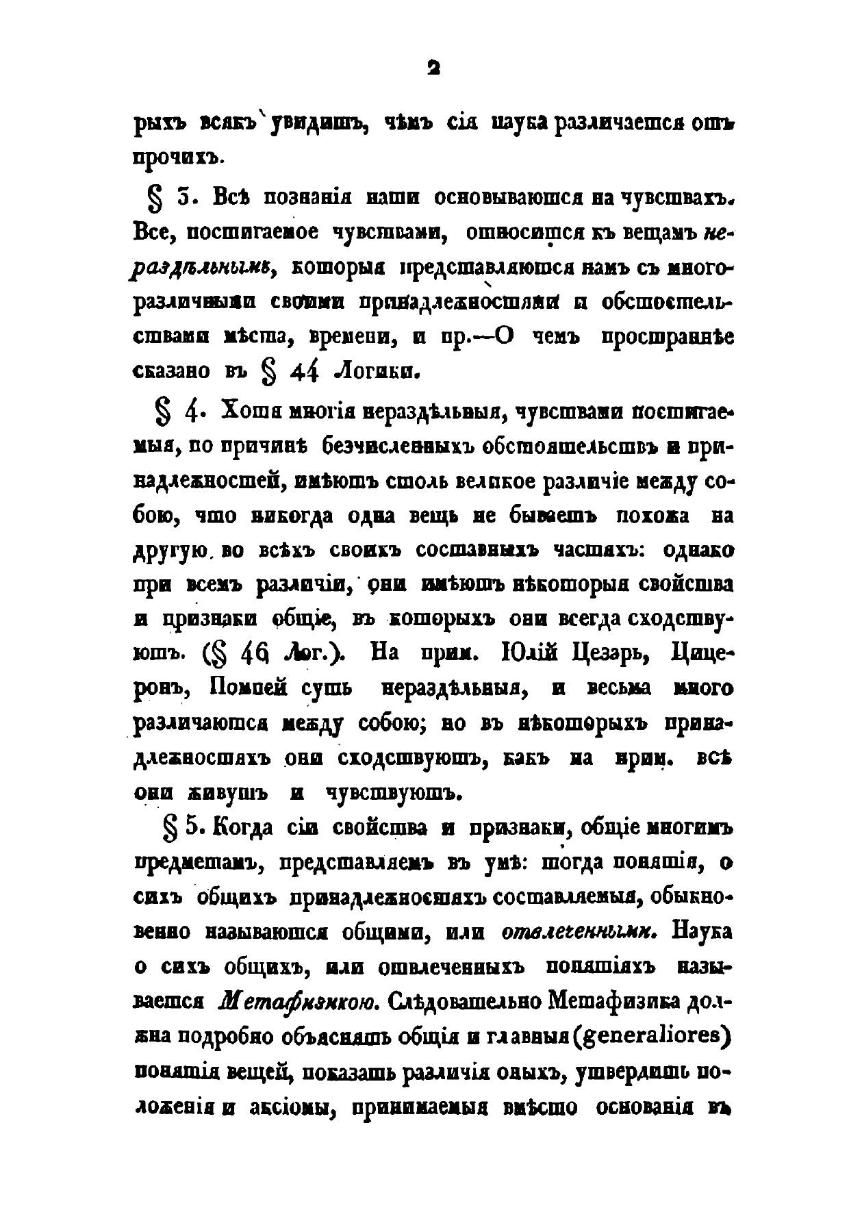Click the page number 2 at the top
432,68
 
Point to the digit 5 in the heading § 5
191,828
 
